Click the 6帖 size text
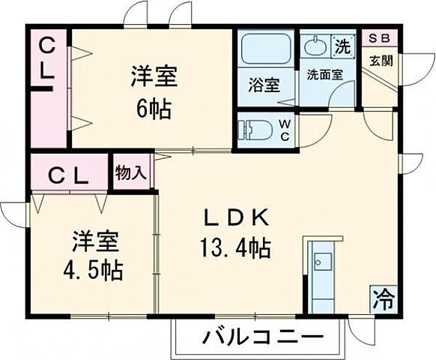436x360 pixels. pos(154,110)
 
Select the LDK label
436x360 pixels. pos(236,218)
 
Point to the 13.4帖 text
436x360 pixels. pos(236,246)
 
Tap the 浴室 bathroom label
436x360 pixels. pos(264,85)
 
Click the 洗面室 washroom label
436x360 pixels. pos(324,74)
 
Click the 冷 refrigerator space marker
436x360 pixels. pos(384,300)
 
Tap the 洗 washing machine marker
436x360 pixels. pos(342,46)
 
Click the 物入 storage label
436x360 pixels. pos(131,172)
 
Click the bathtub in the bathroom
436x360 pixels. pos(266,49)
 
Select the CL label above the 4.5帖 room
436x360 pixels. pos(69,177)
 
